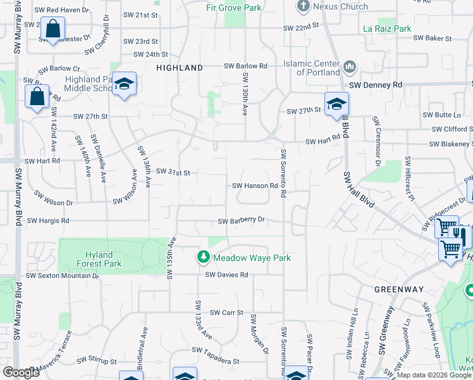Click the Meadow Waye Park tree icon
[203, 257]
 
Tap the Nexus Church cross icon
[304, 6]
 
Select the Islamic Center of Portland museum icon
[349, 66]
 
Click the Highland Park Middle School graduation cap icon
[125, 84]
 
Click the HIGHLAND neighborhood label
[179, 67]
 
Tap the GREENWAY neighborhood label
[398, 289]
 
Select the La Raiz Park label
[387, 28]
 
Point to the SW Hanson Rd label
[255, 186]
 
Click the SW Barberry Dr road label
[241, 221]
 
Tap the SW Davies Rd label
[226, 275]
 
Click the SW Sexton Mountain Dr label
[63, 276]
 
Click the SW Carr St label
[227, 312]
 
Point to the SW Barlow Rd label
[245, 66]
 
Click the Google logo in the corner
[21, 372]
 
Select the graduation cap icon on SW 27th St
[336, 103]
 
